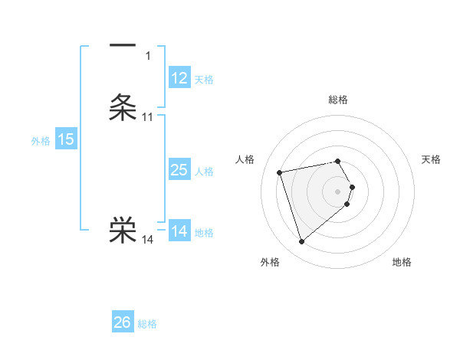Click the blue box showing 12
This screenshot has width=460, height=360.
tap(179, 78)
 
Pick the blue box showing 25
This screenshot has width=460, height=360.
tap(179, 170)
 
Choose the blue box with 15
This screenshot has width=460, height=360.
tap(66, 139)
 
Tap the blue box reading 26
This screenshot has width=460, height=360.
tap(123, 322)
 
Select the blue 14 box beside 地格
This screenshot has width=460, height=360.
tap(179, 231)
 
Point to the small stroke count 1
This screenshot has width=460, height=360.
tap(147, 56)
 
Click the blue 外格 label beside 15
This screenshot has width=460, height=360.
tap(40, 141)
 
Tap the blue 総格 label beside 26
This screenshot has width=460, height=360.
tap(147, 324)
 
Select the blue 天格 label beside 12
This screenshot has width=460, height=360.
tap(204, 80)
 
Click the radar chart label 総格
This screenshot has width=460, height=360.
tap(338, 100)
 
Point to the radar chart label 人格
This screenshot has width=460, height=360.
tap(245, 159)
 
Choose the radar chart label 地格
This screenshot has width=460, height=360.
tap(402, 262)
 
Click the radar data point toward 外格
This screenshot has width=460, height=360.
tap(301, 242)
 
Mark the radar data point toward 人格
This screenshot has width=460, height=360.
tap(280, 172)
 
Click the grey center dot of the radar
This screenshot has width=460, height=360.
tap(338, 191)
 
